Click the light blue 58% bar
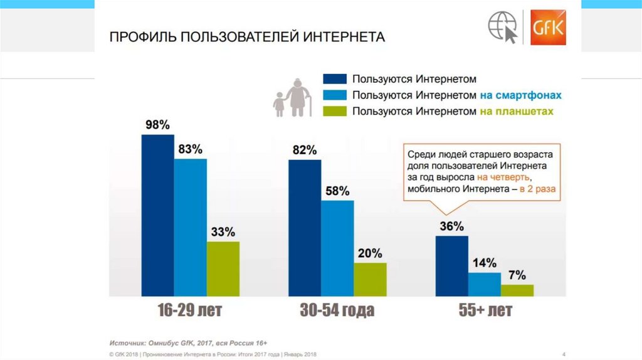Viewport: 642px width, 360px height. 337,248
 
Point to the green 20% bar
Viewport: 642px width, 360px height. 370,279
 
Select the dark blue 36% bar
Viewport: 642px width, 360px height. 451,265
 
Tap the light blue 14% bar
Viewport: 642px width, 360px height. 484,283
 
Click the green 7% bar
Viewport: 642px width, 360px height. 517,290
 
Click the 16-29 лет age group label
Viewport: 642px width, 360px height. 190,310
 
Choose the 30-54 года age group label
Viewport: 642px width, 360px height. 337,310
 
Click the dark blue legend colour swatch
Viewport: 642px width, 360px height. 335,79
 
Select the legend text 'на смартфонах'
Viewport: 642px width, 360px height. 520,95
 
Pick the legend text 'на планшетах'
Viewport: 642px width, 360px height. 517,111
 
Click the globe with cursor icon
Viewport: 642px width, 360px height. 504,28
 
